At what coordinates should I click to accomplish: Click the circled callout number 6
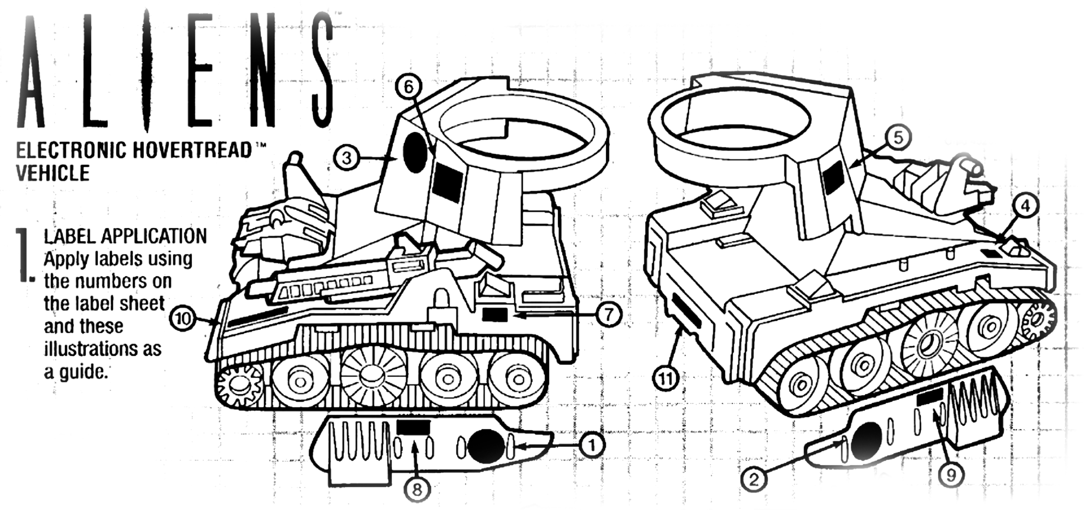coord(408,88)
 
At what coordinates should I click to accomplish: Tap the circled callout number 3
coord(347,158)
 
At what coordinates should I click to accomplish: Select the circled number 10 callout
coord(183,318)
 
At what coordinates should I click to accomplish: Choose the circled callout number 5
coord(898,138)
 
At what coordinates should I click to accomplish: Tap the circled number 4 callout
coord(1025,206)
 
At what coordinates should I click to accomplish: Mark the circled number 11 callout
coord(666,379)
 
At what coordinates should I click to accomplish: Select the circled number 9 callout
coord(951,475)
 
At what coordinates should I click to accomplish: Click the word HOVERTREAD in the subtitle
coord(192,150)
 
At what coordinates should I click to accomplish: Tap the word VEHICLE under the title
coord(53,173)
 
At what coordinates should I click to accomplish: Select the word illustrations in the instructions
coord(103,349)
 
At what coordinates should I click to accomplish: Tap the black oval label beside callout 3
coord(415,153)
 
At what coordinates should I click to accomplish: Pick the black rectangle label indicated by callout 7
coord(495,315)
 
